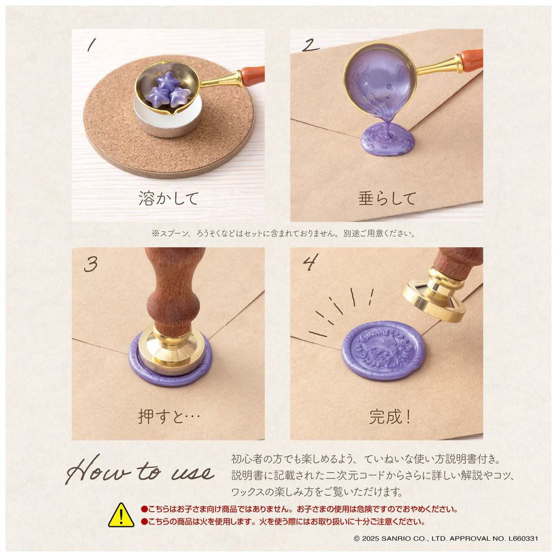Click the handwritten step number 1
coord(92,45)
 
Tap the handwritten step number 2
coord(310,45)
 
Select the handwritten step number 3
coord(91,264)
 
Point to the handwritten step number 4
coord(310,262)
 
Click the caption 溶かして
coord(168,198)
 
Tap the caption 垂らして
coord(387,198)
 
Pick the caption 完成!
coord(390,416)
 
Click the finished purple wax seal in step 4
coord(383,350)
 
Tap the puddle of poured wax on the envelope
coord(388,139)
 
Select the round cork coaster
coord(169,117)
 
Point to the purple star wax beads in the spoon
coord(168,92)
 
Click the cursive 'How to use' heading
coord(140,471)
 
